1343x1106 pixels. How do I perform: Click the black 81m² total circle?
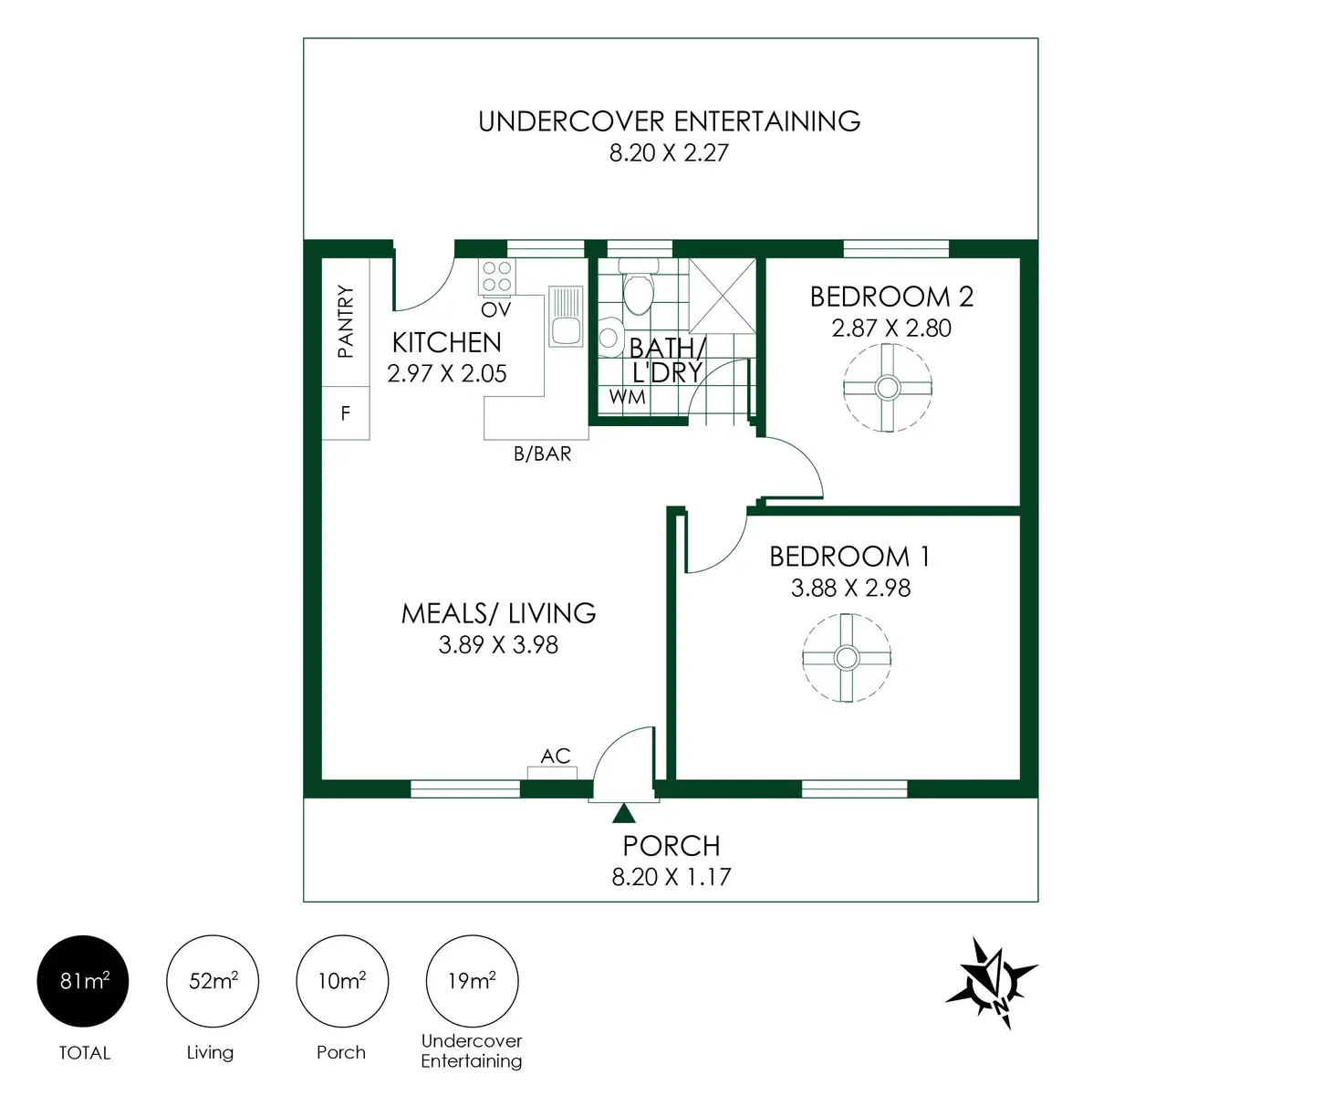[83, 982]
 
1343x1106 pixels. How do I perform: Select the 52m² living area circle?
[213, 982]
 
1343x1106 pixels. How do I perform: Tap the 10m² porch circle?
[342, 982]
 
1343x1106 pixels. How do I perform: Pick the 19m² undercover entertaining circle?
[472, 982]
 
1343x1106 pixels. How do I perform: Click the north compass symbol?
[992, 983]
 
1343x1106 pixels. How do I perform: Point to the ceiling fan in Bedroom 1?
[847, 657]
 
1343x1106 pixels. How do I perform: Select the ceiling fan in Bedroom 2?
[887, 388]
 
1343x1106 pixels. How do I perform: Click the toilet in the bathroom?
[638, 288]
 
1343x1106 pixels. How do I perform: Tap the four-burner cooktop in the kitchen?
[497, 276]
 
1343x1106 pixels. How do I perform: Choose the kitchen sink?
[566, 316]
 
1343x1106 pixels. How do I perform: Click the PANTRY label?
[346, 321]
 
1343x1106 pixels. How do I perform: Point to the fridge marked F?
[346, 413]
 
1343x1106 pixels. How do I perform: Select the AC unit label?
[555, 756]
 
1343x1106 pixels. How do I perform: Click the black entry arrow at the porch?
[624, 813]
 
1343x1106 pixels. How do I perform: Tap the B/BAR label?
[542, 454]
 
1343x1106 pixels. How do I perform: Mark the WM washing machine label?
[628, 397]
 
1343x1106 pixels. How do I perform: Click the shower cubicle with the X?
[723, 295]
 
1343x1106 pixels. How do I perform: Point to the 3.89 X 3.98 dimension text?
[498, 645]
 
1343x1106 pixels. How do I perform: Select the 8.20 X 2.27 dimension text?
[669, 153]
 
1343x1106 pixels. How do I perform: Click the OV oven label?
[496, 309]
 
